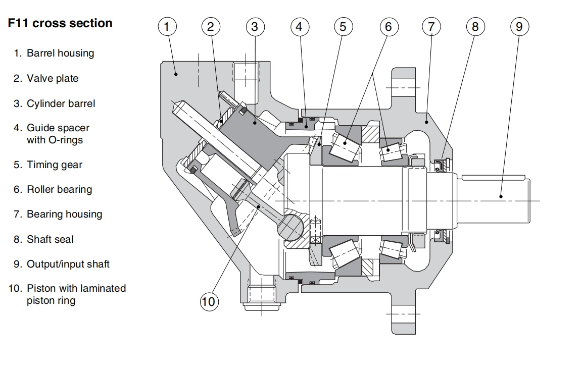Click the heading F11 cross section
point(60,23)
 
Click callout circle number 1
point(167,26)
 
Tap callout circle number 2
point(211,26)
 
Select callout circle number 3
point(255,26)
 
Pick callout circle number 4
point(299,26)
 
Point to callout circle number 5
point(343,26)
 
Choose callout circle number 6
point(387,26)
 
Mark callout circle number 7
point(431,26)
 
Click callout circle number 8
point(475,26)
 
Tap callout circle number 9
point(519,26)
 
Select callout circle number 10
point(208,302)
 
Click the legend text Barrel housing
point(60,53)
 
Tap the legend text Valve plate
point(53,78)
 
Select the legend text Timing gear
point(54,165)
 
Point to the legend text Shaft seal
point(50,239)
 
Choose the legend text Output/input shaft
point(68,264)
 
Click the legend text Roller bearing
point(59,189)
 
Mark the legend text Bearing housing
point(64,214)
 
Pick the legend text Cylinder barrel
point(61,103)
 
